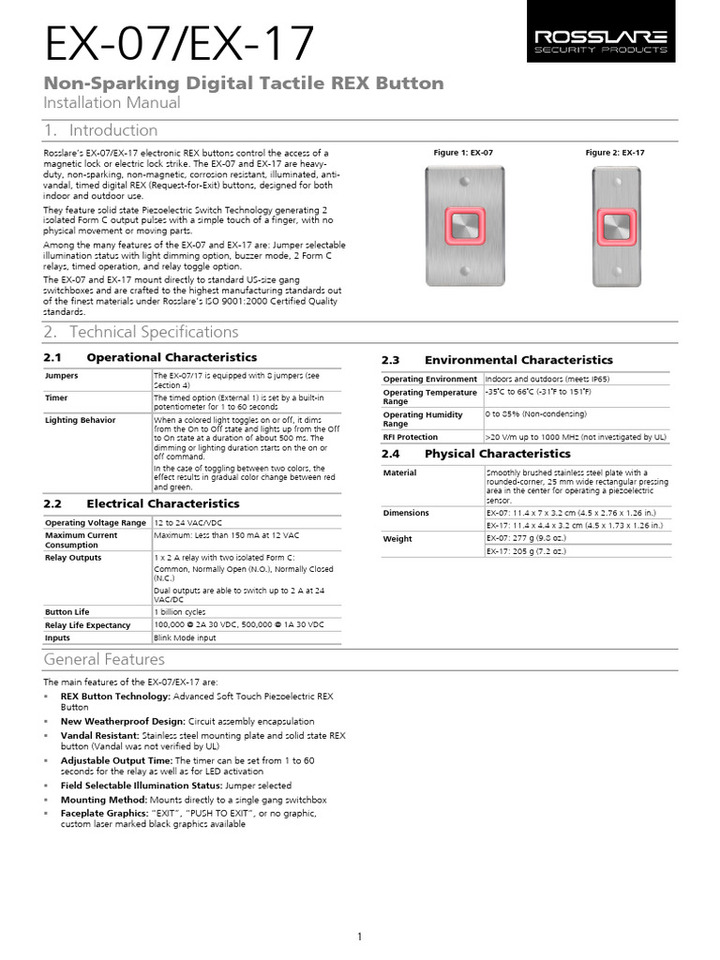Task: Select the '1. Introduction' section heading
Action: click(x=100, y=130)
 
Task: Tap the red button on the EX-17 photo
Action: click(x=615, y=227)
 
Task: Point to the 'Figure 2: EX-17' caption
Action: click(x=615, y=152)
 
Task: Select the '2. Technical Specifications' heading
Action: click(x=141, y=332)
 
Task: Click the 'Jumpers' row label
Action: click(x=63, y=375)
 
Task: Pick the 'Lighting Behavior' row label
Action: click(x=81, y=420)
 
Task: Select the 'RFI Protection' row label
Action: click(x=411, y=437)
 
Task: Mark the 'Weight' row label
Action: click(x=397, y=539)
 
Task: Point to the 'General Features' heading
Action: click(x=104, y=660)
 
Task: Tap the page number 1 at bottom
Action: click(x=360, y=937)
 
